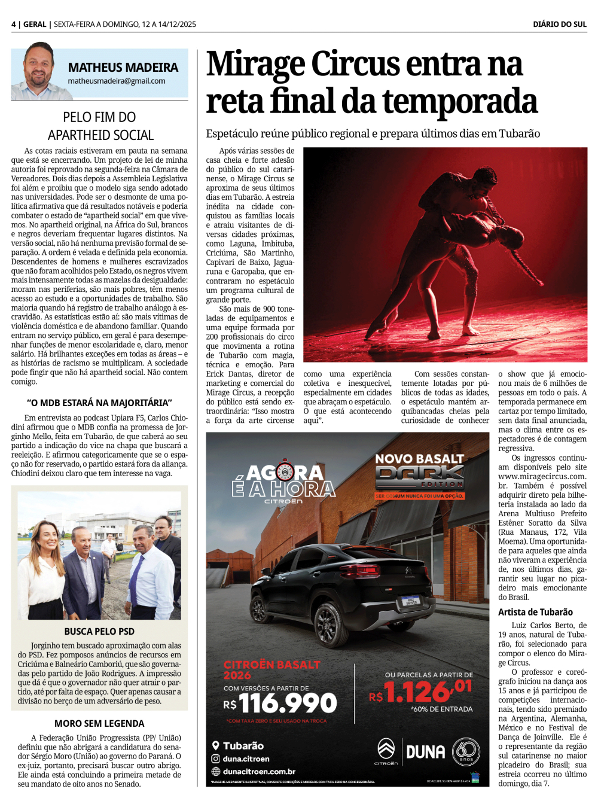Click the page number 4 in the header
[13, 25]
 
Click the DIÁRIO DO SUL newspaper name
[560, 25]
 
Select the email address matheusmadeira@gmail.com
[117, 81]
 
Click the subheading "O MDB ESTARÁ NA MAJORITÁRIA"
[99, 403]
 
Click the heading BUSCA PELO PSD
[99, 631]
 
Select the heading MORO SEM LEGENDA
[99, 723]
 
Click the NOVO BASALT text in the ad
[419, 459]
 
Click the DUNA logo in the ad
[426, 752]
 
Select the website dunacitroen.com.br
[259, 772]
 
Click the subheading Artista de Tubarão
[535, 612]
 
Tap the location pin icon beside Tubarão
[215, 745]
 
